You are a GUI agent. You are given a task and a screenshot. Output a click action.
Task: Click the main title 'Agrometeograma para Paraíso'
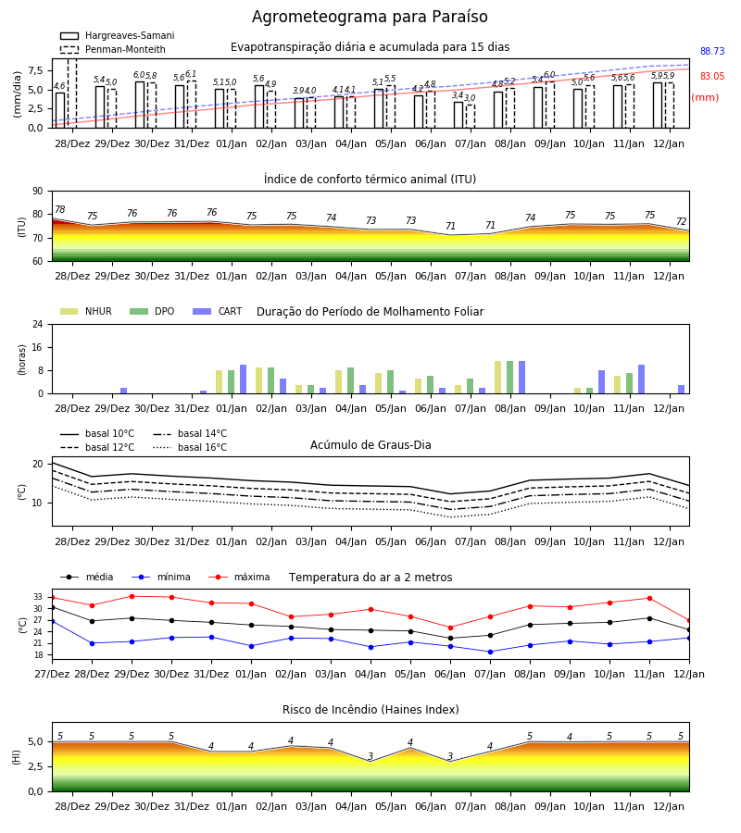point(370,17)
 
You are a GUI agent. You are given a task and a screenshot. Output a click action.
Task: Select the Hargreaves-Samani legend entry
point(118,35)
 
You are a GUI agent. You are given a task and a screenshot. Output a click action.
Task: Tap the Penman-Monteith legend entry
point(113,49)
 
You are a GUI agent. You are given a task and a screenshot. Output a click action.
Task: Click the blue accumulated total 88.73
point(712,51)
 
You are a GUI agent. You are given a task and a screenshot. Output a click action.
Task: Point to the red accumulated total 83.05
point(712,76)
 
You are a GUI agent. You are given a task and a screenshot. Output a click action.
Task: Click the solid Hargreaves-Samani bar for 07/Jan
point(458,115)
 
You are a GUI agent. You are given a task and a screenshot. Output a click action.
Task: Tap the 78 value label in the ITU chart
point(60,209)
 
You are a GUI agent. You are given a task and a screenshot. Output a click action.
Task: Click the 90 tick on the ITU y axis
point(38,192)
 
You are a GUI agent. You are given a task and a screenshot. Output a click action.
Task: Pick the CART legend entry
point(218,311)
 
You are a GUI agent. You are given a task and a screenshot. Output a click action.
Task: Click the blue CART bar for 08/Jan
point(522,378)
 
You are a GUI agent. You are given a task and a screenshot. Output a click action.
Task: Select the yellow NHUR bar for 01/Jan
point(219,382)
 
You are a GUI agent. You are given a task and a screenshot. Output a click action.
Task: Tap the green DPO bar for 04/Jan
point(350,380)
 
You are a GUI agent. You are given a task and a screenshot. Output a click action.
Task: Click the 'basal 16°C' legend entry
point(190,447)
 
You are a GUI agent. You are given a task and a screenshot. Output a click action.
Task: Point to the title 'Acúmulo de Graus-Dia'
point(370,445)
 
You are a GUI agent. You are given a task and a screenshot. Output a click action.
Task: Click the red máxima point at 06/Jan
point(451,628)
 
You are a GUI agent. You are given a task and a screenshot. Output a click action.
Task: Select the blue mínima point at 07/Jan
point(490,652)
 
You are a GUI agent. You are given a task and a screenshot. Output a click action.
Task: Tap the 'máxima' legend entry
point(239,577)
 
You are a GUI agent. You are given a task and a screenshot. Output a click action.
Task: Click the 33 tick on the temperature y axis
point(38,597)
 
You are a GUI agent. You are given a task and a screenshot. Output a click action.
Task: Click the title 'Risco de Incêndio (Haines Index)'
point(370,710)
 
